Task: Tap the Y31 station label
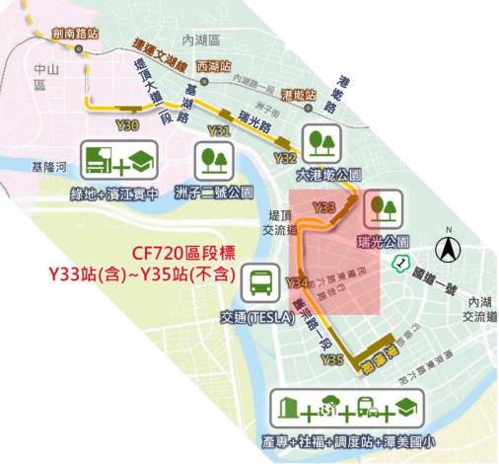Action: point(219,130)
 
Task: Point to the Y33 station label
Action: point(323,206)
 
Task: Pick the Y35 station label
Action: point(331,361)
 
